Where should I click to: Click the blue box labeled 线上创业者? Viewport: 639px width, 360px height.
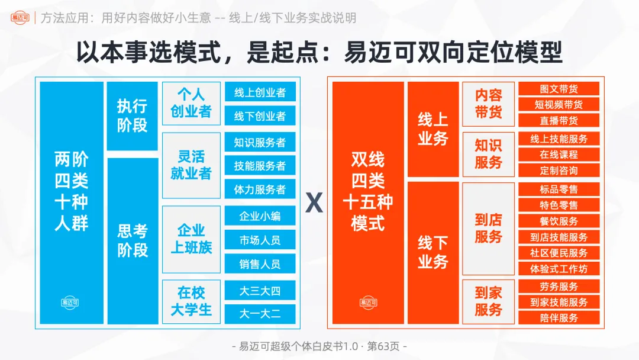pyautogui.click(x=260, y=92)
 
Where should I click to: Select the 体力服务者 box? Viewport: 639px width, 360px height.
pyautogui.click(x=260, y=189)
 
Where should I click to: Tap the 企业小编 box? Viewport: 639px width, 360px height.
pyautogui.click(x=260, y=216)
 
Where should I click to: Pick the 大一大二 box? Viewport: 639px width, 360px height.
pyautogui.click(x=260, y=313)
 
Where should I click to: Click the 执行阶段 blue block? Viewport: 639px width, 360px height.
pyautogui.click(x=132, y=116)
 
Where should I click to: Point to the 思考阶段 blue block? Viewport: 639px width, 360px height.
pyautogui.click(x=132, y=240)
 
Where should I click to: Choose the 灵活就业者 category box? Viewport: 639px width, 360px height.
pyautogui.click(x=191, y=165)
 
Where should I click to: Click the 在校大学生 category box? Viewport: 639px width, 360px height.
pyautogui.click(x=191, y=301)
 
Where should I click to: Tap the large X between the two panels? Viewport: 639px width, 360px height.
pyautogui.click(x=314, y=204)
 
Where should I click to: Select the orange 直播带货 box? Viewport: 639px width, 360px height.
pyautogui.click(x=559, y=120)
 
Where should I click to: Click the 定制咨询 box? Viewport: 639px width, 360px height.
pyautogui.click(x=559, y=171)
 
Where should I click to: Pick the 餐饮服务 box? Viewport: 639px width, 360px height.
pyautogui.click(x=559, y=221)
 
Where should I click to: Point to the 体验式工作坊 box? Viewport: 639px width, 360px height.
pyautogui.click(x=559, y=269)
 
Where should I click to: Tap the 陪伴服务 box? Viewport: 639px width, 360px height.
pyautogui.click(x=559, y=317)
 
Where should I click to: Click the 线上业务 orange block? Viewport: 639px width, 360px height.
pyautogui.click(x=433, y=129)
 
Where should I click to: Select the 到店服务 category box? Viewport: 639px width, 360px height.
pyautogui.click(x=488, y=229)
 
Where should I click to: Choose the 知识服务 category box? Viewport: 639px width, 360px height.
pyautogui.click(x=488, y=154)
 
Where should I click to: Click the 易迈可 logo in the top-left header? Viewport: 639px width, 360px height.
pyautogui.click(x=20, y=18)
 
